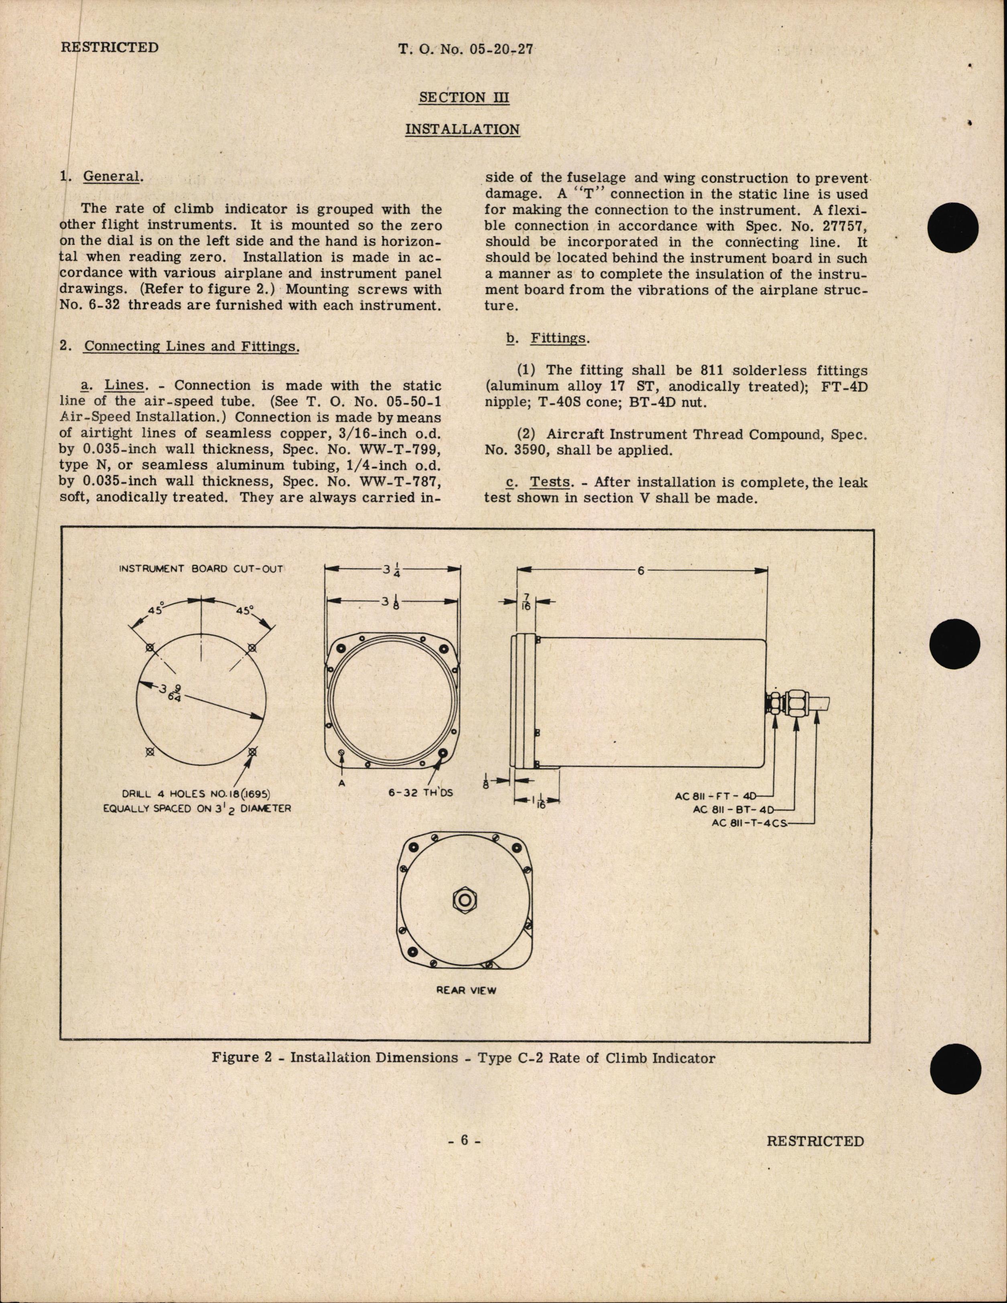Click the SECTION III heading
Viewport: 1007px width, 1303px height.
tap(464, 97)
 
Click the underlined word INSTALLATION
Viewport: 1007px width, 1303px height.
tap(462, 130)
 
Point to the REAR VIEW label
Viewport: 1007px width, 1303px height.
tap(466, 990)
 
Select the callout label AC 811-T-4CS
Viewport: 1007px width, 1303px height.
tap(750, 823)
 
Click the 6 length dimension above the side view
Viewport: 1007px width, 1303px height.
tap(641, 570)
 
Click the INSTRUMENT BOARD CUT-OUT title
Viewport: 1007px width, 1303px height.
tap(201, 569)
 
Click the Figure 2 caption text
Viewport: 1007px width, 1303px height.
tap(463, 1058)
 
